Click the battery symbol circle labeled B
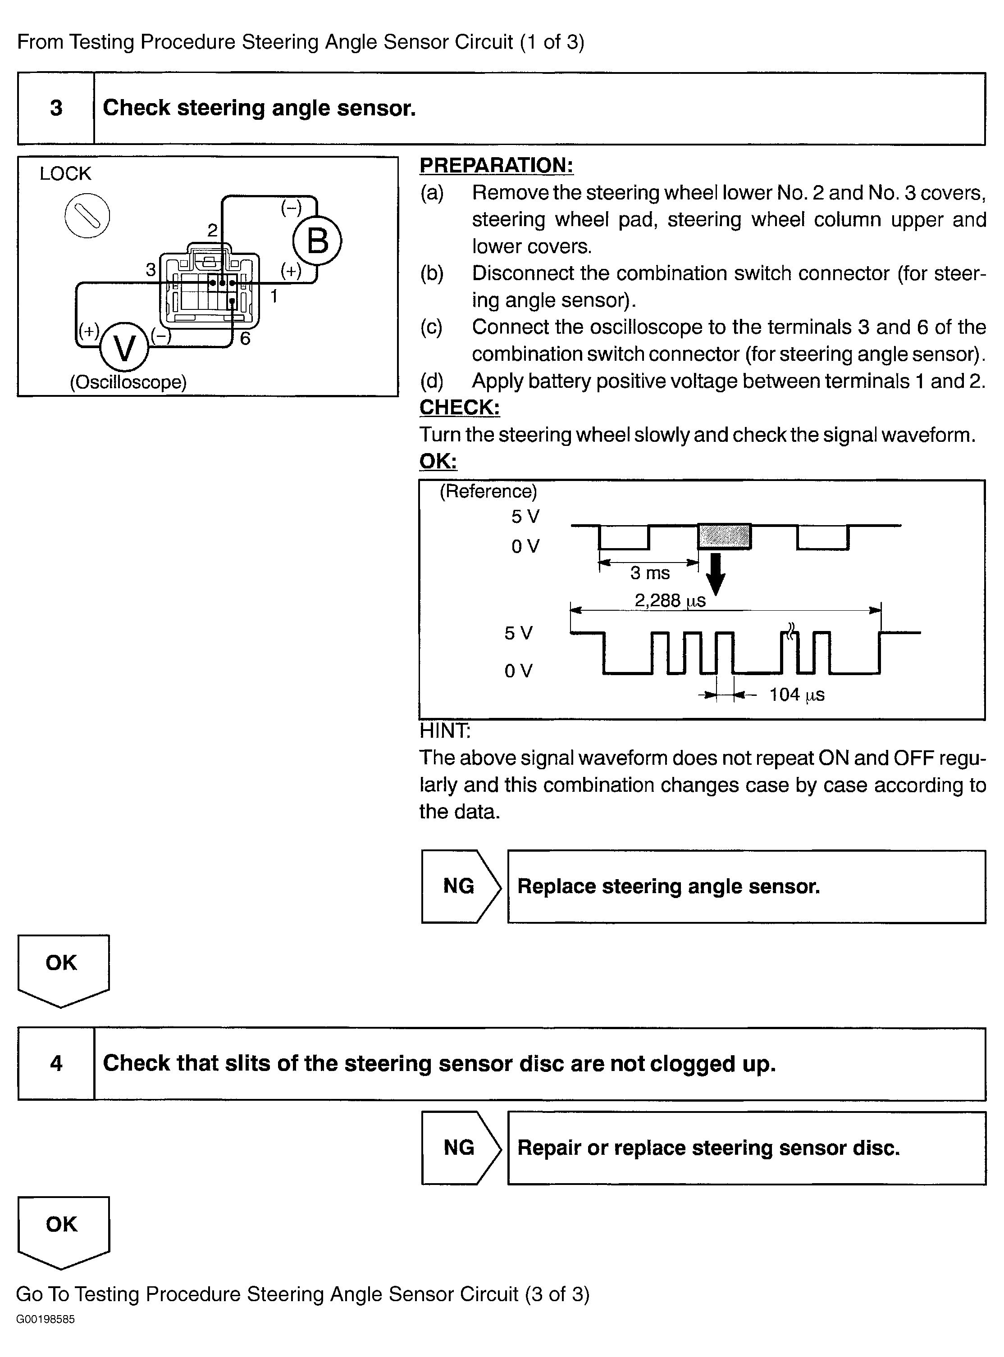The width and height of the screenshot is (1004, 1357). pyautogui.click(x=317, y=241)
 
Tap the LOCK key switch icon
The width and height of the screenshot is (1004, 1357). pyautogui.click(x=87, y=216)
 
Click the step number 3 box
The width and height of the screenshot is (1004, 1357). pyautogui.click(x=56, y=108)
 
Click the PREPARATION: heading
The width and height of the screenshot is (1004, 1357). pyautogui.click(x=496, y=165)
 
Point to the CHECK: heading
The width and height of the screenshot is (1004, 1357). pyautogui.click(x=460, y=407)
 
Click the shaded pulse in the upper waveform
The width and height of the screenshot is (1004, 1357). pyautogui.click(x=724, y=536)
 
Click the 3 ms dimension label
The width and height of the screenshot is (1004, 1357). pyautogui.click(x=650, y=573)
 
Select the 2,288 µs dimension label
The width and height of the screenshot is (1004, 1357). pyautogui.click(x=670, y=601)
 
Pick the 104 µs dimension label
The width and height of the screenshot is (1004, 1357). pyautogui.click(x=797, y=694)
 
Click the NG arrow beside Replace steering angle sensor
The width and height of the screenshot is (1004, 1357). pyautogui.click(x=460, y=886)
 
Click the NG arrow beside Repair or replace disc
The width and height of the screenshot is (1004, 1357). pyautogui.click(x=460, y=1148)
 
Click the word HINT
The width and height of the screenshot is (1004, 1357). pyautogui.click(x=445, y=731)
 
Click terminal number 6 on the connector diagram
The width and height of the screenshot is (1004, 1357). pyautogui.click(x=245, y=338)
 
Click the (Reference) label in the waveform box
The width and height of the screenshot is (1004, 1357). pyautogui.click(x=488, y=491)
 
